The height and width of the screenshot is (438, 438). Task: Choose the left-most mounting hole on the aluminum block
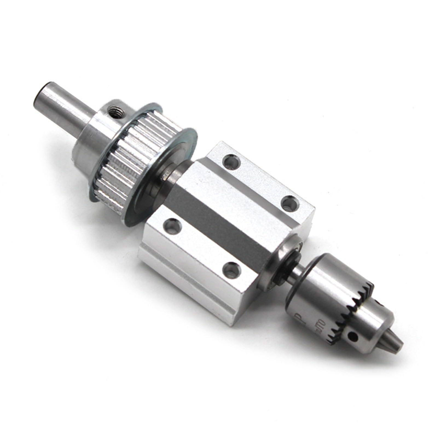click(171, 225)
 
